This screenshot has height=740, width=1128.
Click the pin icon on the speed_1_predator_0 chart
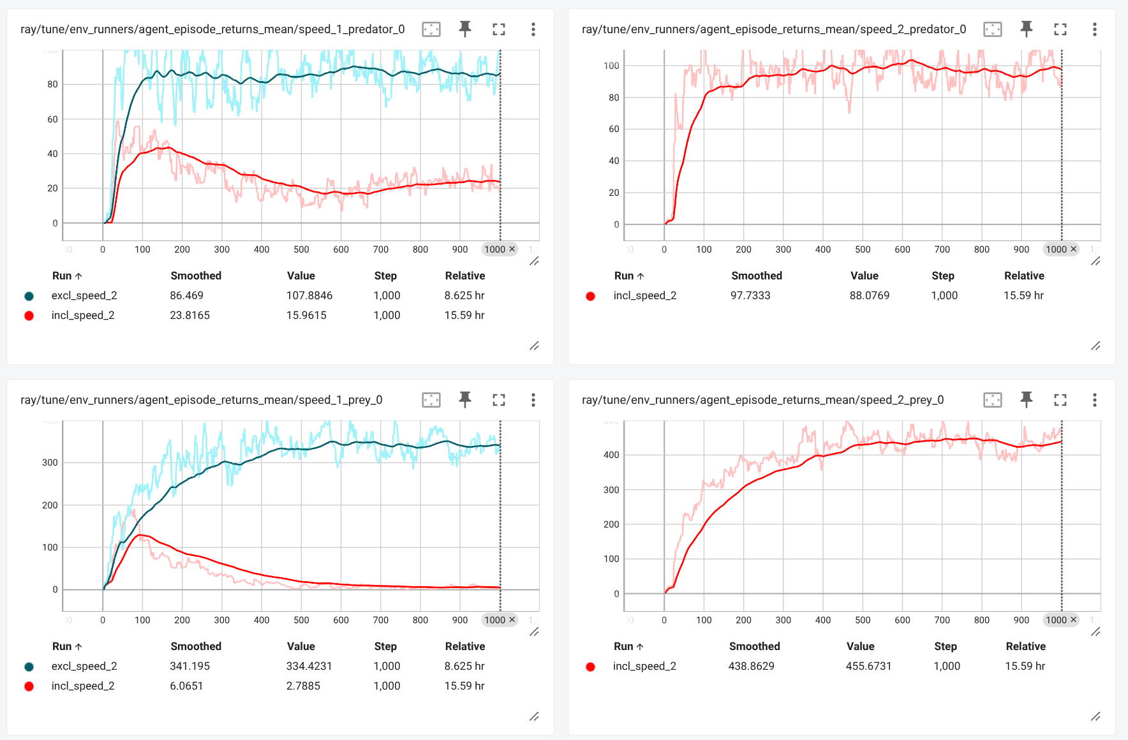click(465, 29)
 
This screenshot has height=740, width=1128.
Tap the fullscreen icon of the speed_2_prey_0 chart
click(1060, 400)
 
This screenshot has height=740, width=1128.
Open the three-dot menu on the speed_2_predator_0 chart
click(1094, 29)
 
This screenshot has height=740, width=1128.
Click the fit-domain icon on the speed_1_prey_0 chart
click(431, 400)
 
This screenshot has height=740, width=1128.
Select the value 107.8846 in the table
click(309, 295)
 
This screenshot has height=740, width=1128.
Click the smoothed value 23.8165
click(189, 315)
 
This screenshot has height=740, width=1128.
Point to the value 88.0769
click(869, 295)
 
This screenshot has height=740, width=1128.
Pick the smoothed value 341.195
click(189, 666)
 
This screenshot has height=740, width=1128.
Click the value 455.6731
click(868, 666)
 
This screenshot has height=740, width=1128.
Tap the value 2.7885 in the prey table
click(303, 686)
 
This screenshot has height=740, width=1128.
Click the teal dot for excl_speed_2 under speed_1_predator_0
click(29, 296)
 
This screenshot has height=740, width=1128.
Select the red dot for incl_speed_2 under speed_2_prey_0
click(590, 667)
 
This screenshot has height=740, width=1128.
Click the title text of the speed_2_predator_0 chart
click(773, 29)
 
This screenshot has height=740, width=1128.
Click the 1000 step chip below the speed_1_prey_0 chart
click(495, 620)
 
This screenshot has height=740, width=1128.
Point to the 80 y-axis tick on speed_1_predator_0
click(52, 84)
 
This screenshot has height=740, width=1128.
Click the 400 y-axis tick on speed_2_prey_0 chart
click(611, 455)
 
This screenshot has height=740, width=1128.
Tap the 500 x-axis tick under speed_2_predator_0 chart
click(863, 249)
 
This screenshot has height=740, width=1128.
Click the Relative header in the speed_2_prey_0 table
click(1025, 646)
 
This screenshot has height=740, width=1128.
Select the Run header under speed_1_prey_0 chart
click(62, 646)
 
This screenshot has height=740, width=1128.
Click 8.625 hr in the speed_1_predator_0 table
click(464, 295)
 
